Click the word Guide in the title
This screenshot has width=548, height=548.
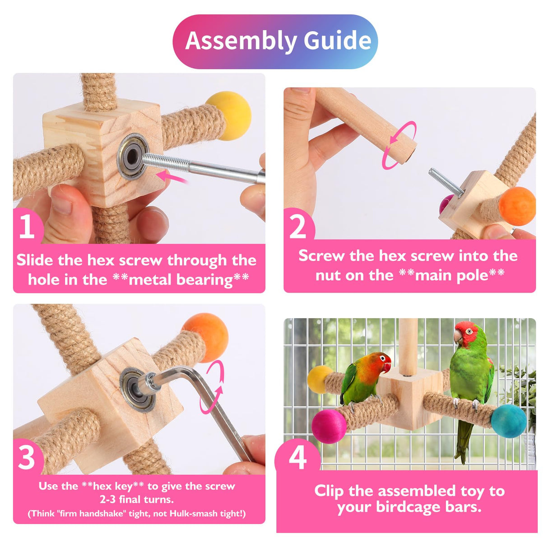click(x=337, y=41)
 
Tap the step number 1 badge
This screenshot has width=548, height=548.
click(x=27, y=226)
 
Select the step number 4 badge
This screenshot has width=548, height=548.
click(x=297, y=457)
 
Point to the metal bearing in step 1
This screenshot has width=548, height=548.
click(x=133, y=157)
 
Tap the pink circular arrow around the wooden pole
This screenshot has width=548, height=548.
click(x=399, y=145)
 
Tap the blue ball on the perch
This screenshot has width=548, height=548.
click(x=508, y=421)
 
